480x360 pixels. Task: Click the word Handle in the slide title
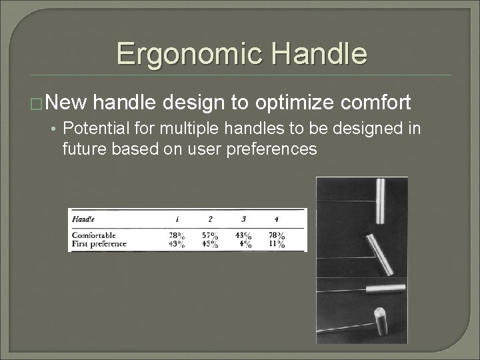(x=319, y=53)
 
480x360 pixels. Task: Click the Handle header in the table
(x=83, y=218)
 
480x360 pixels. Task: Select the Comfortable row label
(x=93, y=235)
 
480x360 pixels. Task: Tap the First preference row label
(x=99, y=244)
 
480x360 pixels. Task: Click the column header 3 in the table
(x=243, y=219)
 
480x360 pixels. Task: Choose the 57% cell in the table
(x=210, y=235)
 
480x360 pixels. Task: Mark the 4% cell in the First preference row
(x=245, y=244)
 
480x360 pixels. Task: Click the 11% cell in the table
(x=277, y=244)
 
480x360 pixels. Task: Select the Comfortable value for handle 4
(x=275, y=235)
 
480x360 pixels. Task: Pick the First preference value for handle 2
(x=210, y=244)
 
